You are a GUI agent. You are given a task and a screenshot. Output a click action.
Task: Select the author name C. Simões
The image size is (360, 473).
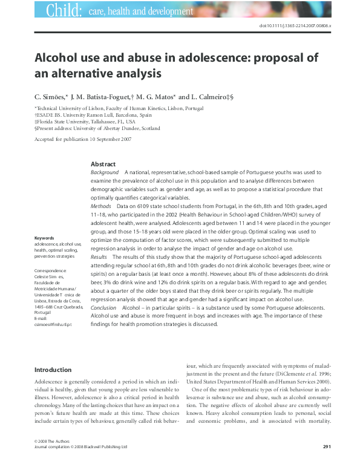tap(52, 96)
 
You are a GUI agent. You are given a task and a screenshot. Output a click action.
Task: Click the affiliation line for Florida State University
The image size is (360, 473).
tap(85, 121)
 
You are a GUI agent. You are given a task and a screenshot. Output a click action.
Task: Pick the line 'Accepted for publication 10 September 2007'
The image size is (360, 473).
tap(80, 139)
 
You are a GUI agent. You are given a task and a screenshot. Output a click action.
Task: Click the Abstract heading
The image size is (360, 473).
tap(103, 165)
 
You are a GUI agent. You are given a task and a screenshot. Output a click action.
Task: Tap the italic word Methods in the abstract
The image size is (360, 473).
tap(100, 206)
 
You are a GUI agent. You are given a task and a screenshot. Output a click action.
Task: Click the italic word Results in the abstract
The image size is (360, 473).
tap(99, 256)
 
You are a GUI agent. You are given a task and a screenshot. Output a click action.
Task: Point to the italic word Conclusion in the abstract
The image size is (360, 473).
tap(103, 307)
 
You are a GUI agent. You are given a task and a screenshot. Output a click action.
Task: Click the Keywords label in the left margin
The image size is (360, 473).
tap(44, 238)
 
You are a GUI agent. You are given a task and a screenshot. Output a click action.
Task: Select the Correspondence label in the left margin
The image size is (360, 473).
tap(51, 271)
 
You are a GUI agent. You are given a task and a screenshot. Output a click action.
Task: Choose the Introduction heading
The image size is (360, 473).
tap(53, 370)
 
